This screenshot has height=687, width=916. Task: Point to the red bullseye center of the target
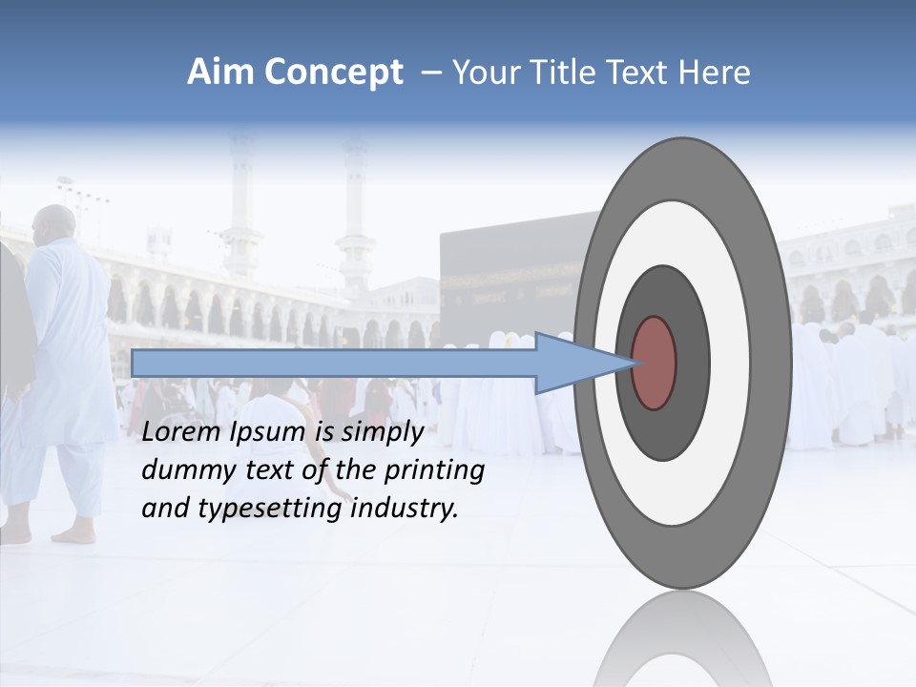654,363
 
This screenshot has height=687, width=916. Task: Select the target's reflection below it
682,639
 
